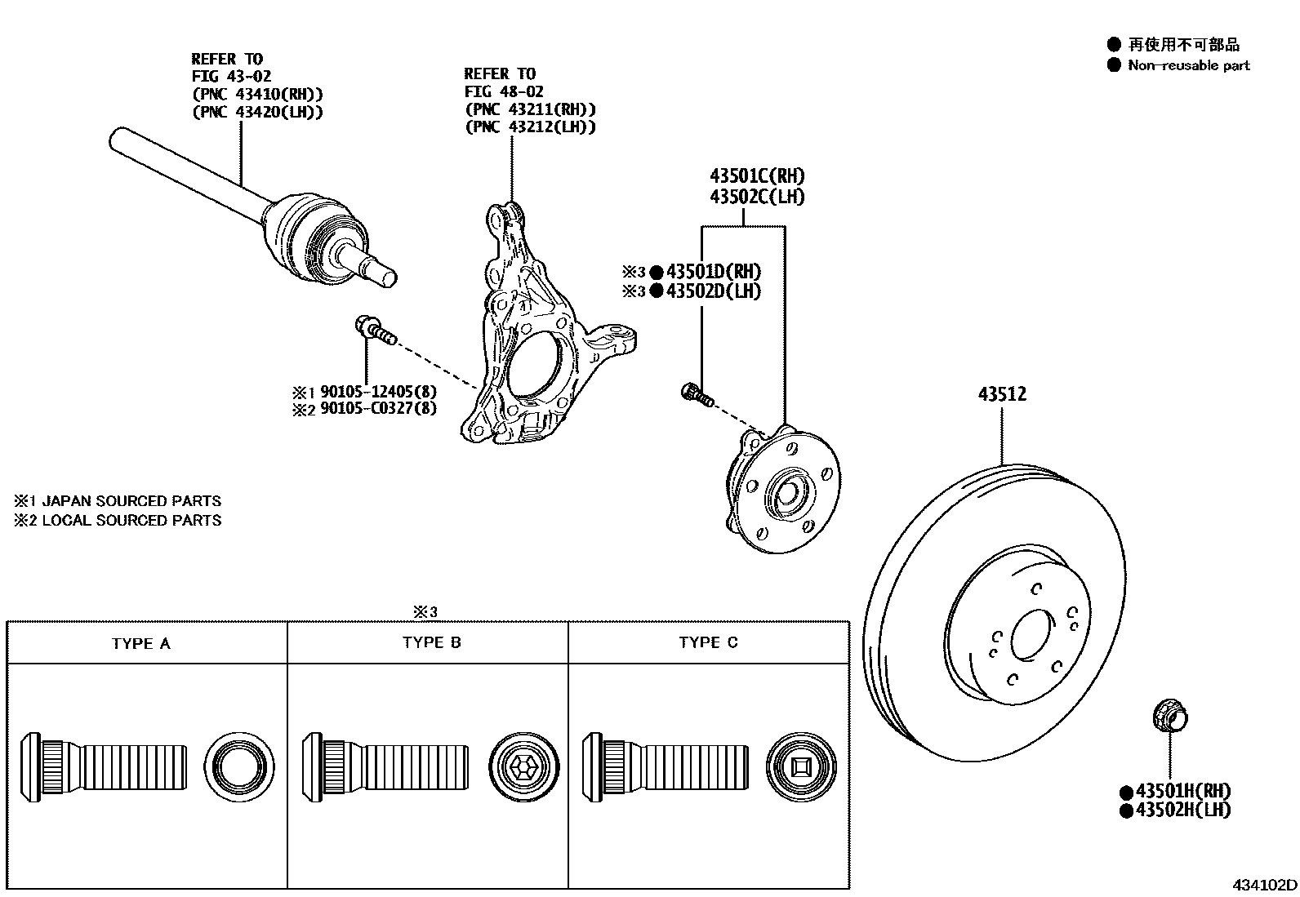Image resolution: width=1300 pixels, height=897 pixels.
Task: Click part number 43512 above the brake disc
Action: [1002, 394]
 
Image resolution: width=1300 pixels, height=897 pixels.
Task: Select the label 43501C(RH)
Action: [756, 176]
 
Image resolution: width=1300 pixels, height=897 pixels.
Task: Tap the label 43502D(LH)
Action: [713, 291]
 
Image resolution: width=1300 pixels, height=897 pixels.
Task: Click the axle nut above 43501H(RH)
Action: [1169, 716]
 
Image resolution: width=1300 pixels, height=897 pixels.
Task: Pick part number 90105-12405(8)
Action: [377, 391]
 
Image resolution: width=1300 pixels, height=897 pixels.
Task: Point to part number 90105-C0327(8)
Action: [377, 408]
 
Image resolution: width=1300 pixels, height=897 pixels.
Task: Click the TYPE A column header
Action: [141, 644]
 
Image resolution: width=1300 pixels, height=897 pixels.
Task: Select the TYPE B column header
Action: [431, 643]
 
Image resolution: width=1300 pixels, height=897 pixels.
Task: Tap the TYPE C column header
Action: [708, 643]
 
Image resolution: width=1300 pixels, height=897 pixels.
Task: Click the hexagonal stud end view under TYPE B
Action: [525, 766]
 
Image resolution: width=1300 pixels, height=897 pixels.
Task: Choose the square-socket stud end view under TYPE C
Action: [803, 766]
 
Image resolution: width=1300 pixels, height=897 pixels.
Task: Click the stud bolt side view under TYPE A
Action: [103, 766]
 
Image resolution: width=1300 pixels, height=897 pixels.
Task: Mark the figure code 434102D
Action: [1264, 885]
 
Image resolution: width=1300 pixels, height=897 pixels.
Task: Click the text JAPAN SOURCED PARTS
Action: [131, 501]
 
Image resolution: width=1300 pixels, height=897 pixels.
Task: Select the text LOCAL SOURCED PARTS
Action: [131, 520]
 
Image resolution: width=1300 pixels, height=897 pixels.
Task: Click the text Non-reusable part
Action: [1188, 65]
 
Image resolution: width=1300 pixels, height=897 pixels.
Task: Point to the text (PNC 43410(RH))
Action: [257, 94]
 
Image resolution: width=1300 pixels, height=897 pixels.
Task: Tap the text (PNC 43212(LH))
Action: [530, 127]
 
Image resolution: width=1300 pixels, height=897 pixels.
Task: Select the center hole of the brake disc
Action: [1034, 633]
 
